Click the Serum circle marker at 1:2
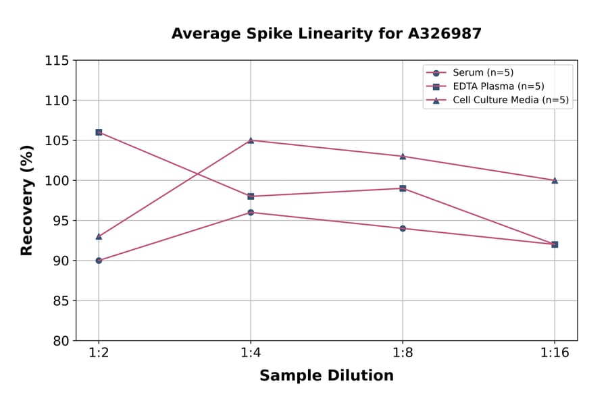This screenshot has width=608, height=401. coord(99,261)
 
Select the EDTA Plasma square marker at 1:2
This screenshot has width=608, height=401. coord(99,132)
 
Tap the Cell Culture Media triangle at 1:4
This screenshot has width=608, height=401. coord(251,140)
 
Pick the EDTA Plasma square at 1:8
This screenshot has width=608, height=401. coord(403,188)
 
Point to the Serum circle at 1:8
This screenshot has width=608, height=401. coord(403,228)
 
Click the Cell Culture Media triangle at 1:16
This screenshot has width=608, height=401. coord(555,180)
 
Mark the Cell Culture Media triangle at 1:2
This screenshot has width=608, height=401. coord(99,236)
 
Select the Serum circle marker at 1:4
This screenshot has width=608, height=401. coord(251,213)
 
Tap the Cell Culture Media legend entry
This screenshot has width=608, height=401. coord(501,101)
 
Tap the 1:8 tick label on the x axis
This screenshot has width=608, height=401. coord(403,354)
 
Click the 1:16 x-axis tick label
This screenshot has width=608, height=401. coord(555,354)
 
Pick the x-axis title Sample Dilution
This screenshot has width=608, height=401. coord(326,376)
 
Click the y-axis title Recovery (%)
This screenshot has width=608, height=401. coord(27,200)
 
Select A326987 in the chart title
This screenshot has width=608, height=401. coord(444,34)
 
